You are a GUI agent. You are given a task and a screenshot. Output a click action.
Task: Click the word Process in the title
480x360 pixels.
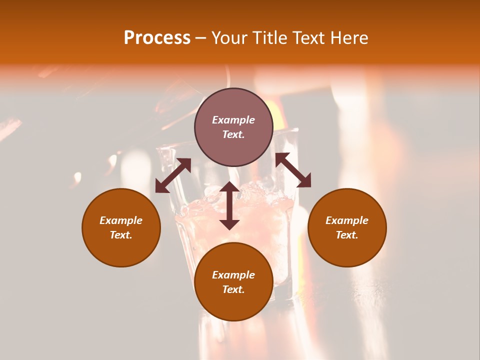point(157,38)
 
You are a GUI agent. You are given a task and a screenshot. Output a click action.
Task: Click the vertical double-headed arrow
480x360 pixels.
point(229,205)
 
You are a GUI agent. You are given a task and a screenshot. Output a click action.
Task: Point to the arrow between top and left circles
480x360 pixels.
point(173,175)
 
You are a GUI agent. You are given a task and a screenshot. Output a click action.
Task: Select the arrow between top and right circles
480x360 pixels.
point(293,170)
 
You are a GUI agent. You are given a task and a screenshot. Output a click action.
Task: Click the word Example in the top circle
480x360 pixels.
point(233,120)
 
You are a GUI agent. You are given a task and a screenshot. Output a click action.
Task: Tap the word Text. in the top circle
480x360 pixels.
point(233,134)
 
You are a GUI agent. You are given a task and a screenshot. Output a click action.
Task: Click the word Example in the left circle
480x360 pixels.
point(121,220)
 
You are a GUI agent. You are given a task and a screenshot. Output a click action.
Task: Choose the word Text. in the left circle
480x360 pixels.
point(121,235)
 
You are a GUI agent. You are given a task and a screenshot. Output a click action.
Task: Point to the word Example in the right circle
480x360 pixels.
point(347,220)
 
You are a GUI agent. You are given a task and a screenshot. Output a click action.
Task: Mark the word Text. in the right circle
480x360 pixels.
point(347,235)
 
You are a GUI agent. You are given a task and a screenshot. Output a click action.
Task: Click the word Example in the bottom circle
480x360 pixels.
point(233,275)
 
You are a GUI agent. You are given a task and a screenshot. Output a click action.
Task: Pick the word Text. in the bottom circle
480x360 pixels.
point(233,289)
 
